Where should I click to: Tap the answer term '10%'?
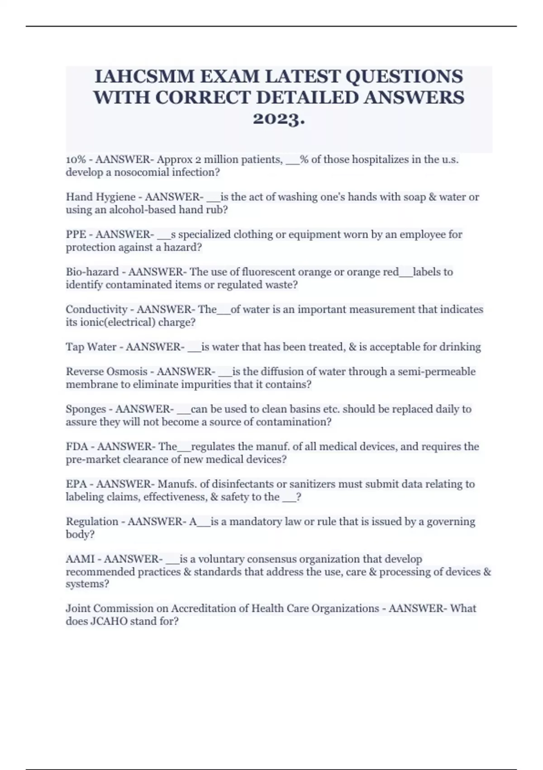coord(75,159)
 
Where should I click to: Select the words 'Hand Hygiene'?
coord(100,197)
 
